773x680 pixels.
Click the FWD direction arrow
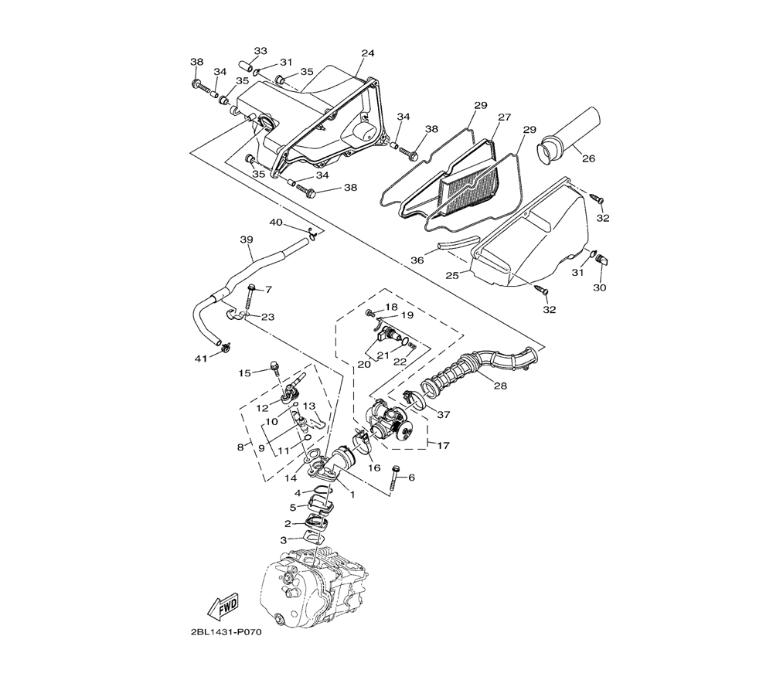click(x=223, y=604)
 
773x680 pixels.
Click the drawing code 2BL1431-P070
click(x=225, y=632)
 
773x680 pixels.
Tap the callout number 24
click(x=368, y=53)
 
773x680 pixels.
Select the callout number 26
click(x=588, y=158)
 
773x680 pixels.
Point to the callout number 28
click(x=500, y=386)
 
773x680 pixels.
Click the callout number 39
click(x=247, y=240)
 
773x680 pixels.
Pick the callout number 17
click(x=443, y=445)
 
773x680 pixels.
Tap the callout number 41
click(x=201, y=359)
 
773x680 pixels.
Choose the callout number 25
click(x=452, y=275)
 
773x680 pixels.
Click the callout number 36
click(x=417, y=260)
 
